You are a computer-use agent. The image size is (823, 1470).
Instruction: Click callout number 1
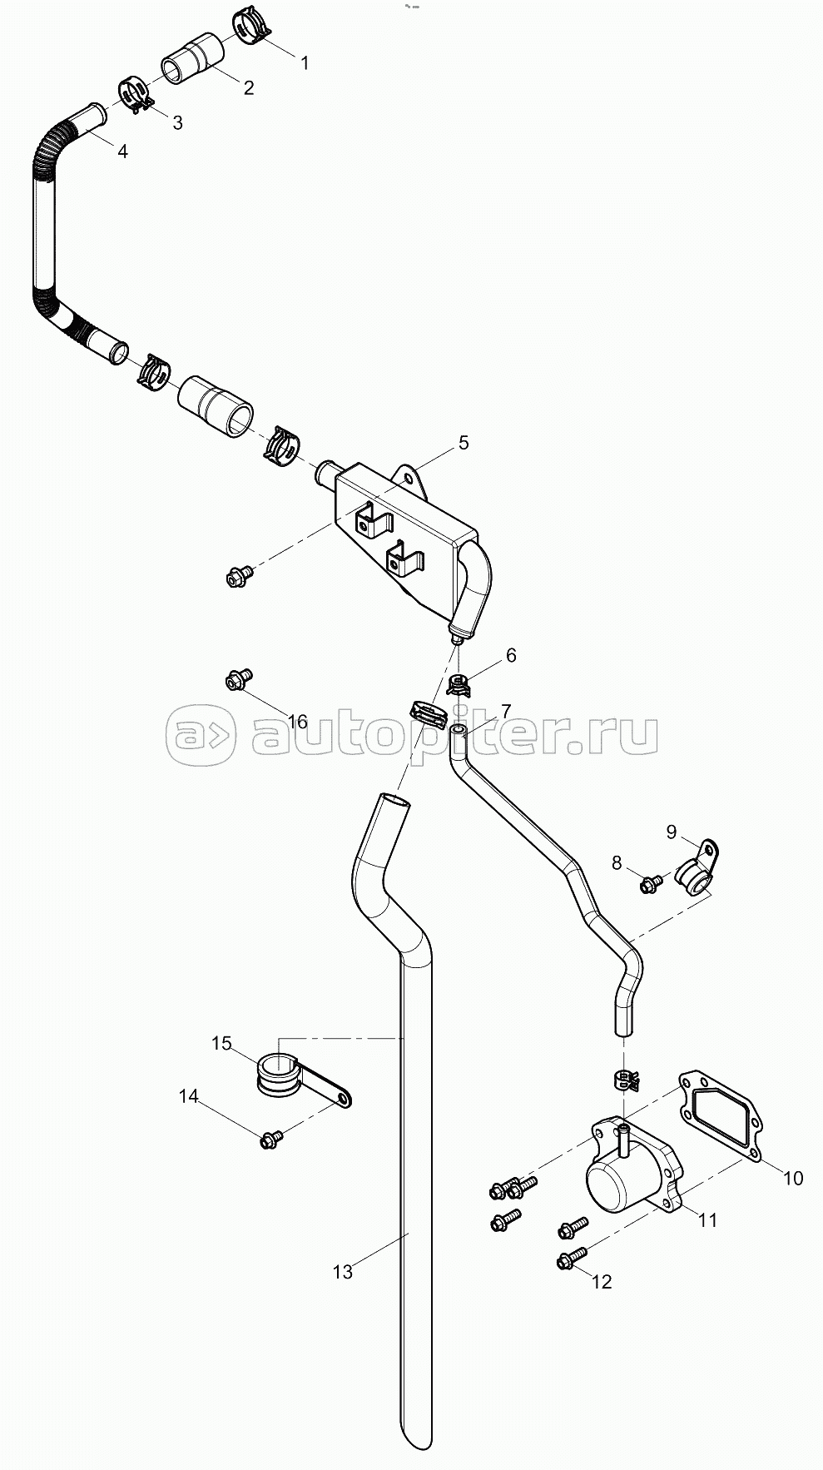click(305, 62)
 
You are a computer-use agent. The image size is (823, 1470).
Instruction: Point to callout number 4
click(122, 151)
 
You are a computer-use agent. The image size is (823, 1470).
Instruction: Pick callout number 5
click(464, 443)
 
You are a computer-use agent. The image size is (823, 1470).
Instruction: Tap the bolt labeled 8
click(650, 882)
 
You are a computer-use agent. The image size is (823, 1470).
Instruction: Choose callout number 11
click(707, 1221)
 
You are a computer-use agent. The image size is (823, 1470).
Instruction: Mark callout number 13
click(343, 1271)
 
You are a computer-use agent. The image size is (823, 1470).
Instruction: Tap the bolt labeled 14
click(271, 1140)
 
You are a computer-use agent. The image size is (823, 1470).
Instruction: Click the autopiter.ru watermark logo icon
click(201, 736)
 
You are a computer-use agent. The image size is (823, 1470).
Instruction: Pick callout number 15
click(221, 1043)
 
